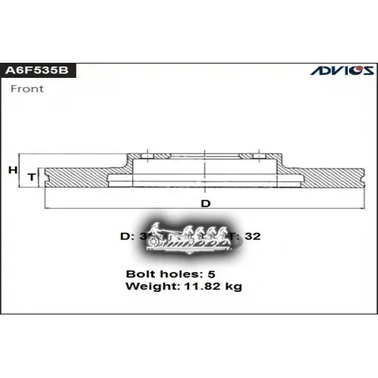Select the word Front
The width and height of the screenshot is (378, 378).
(26, 88)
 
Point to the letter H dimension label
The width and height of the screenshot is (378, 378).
(12, 171)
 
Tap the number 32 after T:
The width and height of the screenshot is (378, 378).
(253, 236)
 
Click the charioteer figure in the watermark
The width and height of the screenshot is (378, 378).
(156, 229)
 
